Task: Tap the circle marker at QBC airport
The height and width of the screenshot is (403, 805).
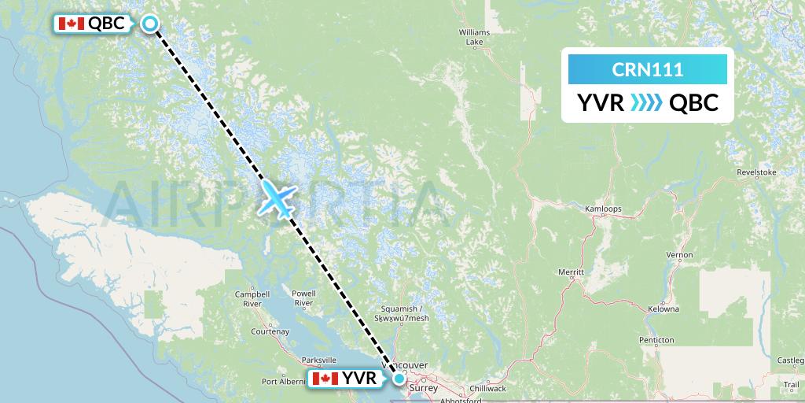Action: point(151,24)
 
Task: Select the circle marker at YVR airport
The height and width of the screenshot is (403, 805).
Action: point(399,379)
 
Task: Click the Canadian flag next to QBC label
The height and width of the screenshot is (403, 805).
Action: point(72,24)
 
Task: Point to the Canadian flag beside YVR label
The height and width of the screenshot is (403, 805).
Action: point(325,379)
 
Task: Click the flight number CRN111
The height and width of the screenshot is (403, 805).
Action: point(647,69)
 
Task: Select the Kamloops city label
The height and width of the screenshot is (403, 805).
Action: point(603,209)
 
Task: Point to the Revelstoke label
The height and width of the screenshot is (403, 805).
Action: point(756,172)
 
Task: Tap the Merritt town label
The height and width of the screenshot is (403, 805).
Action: point(572,272)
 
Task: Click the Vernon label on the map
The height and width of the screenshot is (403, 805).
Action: point(679,255)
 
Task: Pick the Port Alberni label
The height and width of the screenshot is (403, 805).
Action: point(284,382)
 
